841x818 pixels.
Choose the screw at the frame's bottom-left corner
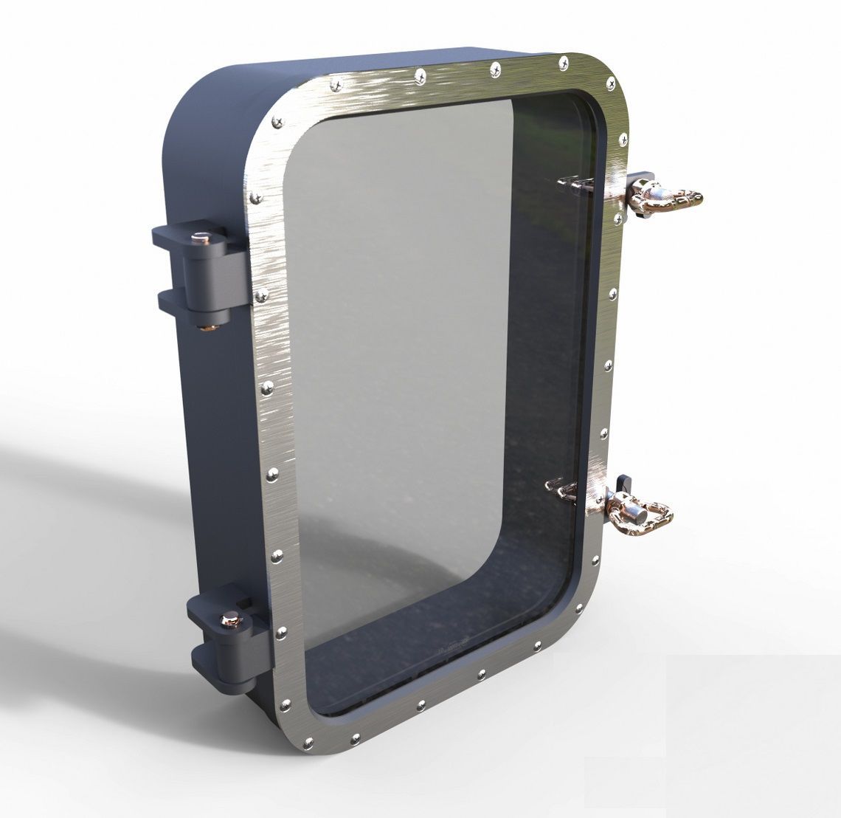tap(308, 743)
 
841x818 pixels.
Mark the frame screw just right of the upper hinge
tap(260, 296)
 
